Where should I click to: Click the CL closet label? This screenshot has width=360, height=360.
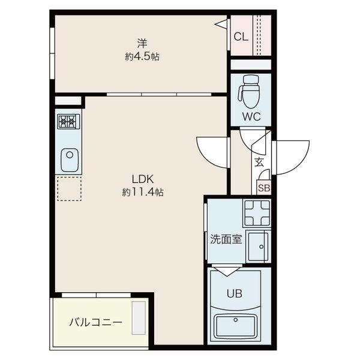[x=241, y=37]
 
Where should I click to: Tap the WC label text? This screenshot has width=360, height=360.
[x=251, y=117]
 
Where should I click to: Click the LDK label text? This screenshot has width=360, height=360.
[x=144, y=179]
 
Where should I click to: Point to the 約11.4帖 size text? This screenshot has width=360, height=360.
[x=143, y=193]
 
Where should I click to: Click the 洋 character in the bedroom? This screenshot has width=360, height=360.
[x=142, y=43]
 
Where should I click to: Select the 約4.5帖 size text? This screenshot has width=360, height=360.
[x=142, y=57]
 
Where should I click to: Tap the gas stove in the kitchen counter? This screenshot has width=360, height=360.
[x=68, y=122]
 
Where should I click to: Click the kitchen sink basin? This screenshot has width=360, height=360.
[x=68, y=160]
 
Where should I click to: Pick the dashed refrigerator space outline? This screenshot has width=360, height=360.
[x=68, y=188]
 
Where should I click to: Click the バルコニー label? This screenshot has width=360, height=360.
[x=95, y=323]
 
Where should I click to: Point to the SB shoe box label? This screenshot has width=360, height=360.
[x=264, y=187]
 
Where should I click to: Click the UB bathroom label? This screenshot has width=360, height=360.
[x=233, y=294]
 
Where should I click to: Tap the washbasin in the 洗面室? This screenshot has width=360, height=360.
[x=259, y=246]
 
